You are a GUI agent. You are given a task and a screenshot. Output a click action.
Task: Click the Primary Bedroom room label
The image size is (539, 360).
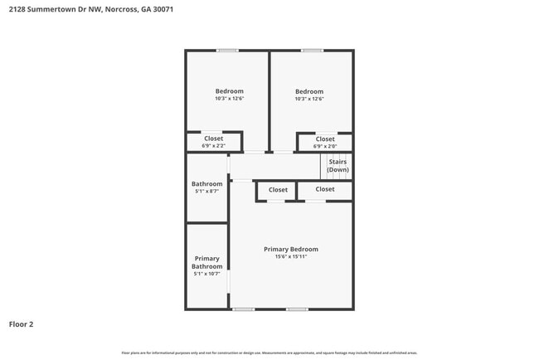tap(290, 249)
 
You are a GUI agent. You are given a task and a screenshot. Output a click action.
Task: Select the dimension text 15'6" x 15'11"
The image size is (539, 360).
tap(290, 256)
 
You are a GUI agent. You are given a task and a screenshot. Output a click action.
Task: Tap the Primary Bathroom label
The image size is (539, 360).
tap(207, 262)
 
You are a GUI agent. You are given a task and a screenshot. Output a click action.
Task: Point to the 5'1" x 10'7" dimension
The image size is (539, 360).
tap(207, 274)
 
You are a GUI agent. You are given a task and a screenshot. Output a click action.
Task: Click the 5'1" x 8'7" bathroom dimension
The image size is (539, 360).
tap(207, 192)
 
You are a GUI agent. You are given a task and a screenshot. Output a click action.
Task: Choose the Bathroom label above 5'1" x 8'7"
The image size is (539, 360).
tap(207, 183)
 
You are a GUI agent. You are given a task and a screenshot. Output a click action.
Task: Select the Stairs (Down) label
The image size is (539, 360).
tap(337, 165)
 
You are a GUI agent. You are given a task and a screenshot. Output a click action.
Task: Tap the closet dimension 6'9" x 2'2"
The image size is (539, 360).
tap(213, 146)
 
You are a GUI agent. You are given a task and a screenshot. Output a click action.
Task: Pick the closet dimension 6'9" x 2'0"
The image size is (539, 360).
tap(325, 146)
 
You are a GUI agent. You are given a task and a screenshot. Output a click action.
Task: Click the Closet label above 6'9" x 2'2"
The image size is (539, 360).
tap(213, 139)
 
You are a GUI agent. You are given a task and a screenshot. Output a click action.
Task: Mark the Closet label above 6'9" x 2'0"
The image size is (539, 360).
tap(325, 139)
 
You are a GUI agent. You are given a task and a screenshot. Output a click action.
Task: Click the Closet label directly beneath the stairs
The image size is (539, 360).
tap(325, 189)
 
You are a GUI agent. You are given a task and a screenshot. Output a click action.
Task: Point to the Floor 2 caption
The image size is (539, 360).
tap(21, 324)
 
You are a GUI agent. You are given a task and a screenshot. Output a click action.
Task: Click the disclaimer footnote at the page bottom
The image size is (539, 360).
tap(269, 353)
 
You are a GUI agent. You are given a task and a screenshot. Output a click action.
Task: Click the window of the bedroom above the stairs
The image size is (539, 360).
tap(312, 51)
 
